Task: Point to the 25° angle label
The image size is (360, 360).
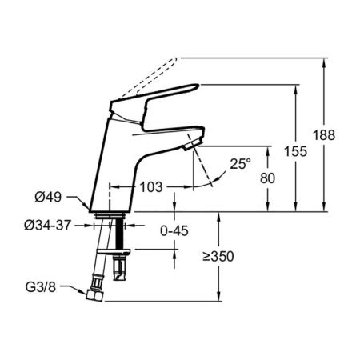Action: pos(239,163)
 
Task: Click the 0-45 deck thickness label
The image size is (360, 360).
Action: pos(173,232)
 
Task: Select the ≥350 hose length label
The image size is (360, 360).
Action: pos(220,258)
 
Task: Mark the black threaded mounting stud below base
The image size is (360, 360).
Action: pos(120,237)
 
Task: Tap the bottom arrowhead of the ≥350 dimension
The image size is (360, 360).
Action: pos(219,298)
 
